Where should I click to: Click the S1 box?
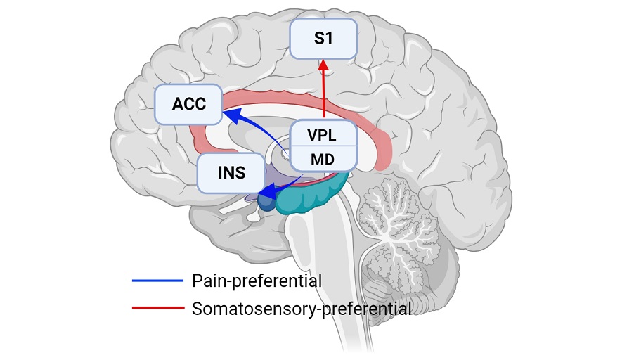click(x=324, y=39)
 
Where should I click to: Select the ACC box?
click(x=188, y=105)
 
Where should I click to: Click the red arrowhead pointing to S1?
click(x=323, y=65)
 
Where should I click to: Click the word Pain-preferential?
click(x=257, y=281)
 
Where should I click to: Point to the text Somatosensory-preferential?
click(x=302, y=308)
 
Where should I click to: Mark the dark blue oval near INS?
click(x=266, y=202)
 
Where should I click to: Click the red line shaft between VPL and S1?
click(x=323, y=95)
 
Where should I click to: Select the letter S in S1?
click(x=317, y=39)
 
